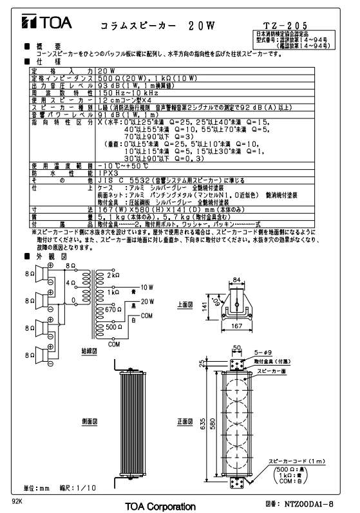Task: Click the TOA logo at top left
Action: coord(46,22)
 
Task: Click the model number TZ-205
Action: coord(285,25)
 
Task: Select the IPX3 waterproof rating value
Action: coord(108,173)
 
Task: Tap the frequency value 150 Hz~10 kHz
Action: coord(128,93)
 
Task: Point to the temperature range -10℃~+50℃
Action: coord(123,166)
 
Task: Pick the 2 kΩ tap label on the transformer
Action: coord(113,275)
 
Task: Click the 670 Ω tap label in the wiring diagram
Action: coord(113,309)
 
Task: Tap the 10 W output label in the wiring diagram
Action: coord(147,287)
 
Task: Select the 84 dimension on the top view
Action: coord(236,280)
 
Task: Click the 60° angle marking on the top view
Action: coord(215,301)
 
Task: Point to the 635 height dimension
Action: coord(203,424)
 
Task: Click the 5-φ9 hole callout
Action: coord(263,352)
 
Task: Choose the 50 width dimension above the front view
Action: coord(236,348)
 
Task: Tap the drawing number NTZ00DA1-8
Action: coord(309,504)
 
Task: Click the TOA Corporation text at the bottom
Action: coord(160,507)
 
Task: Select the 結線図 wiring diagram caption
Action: coord(90,351)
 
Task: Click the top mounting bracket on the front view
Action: coord(236,365)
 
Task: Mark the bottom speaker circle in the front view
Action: coord(236,457)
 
